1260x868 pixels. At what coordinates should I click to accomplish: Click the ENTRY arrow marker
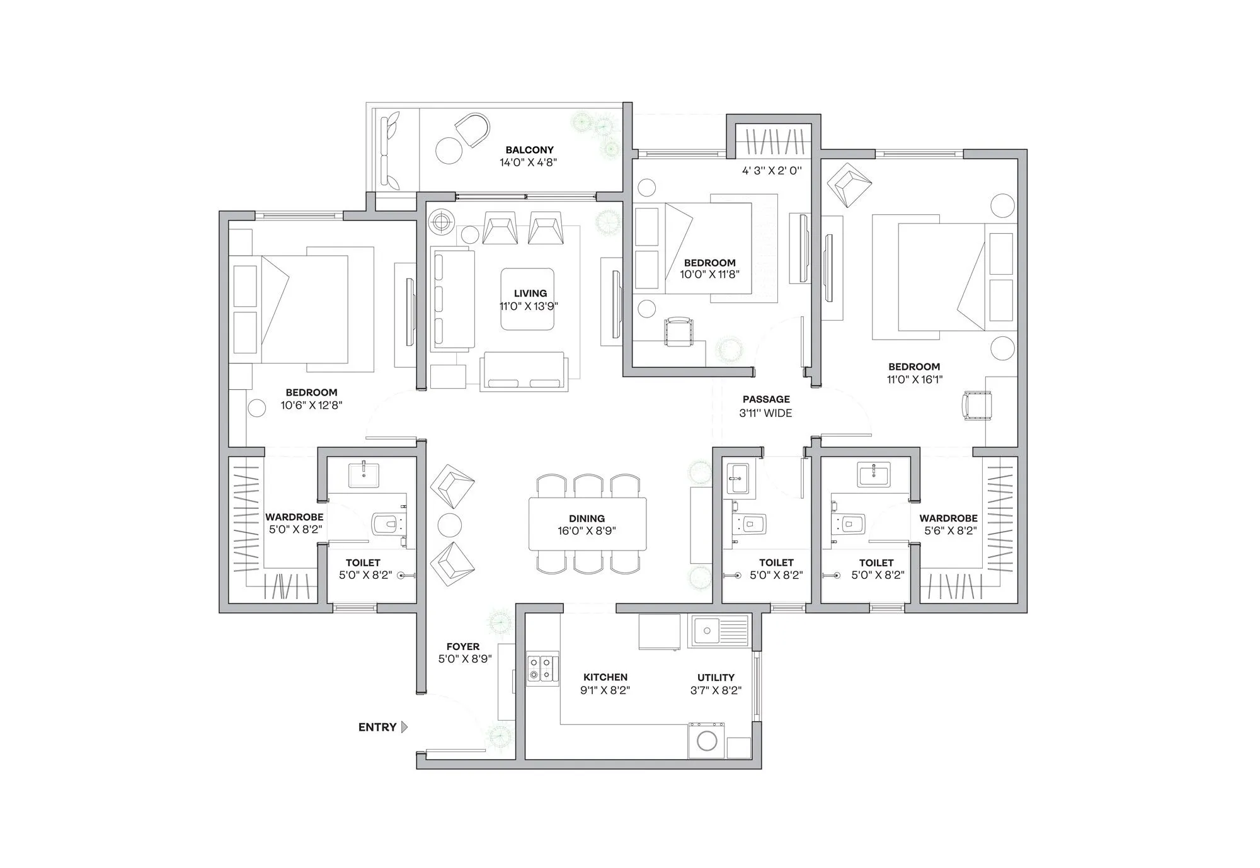click(x=404, y=727)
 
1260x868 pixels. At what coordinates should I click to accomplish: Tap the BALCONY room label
click(x=529, y=150)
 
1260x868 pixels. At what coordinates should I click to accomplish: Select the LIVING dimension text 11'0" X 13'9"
click(x=529, y=307)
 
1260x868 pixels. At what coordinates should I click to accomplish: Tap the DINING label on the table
click(x=587, y=519)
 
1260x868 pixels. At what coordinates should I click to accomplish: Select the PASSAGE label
click(x=765, y=399)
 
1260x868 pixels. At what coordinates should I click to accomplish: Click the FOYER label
click(x=463, y=646)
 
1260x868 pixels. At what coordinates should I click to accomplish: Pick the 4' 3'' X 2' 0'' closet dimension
click(x=772, y=170)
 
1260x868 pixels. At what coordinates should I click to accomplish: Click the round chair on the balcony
click(x=472, y=130)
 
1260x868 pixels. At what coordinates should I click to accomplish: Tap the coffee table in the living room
click(x=528, y=299)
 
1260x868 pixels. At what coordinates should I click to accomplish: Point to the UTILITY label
click(x=716, y=678)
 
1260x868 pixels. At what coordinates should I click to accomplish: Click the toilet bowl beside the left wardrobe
click(x=386, y=523)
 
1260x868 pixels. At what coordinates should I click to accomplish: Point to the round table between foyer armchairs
click(x=449, y=524)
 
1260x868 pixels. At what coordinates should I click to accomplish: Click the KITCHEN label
click(x=605, y=678)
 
